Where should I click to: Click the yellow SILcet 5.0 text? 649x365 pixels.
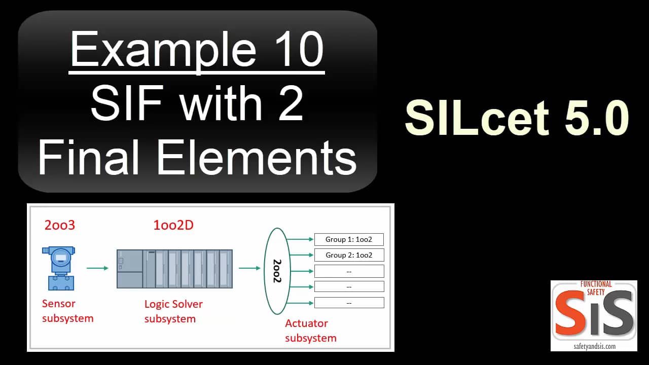(517, 118)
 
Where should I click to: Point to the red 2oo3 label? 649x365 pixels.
(59, 225)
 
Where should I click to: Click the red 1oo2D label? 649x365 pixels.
(173, 225)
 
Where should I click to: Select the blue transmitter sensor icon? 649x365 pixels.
(59, 268)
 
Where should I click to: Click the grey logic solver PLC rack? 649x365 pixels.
(174, 269)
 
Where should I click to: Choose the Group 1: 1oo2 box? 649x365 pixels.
(349, 239)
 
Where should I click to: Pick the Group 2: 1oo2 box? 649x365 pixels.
(349, 255)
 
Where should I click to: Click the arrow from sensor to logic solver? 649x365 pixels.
(97, 268)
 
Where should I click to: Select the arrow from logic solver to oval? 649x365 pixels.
(249, 268)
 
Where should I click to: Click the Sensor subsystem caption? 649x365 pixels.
(67, 311)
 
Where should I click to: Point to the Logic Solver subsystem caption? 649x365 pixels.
(173, 311)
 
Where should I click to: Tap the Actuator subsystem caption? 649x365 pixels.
(310, 331)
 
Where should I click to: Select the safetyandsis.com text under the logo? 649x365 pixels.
(594, 346)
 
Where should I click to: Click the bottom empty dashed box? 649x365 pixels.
(349, 303)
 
